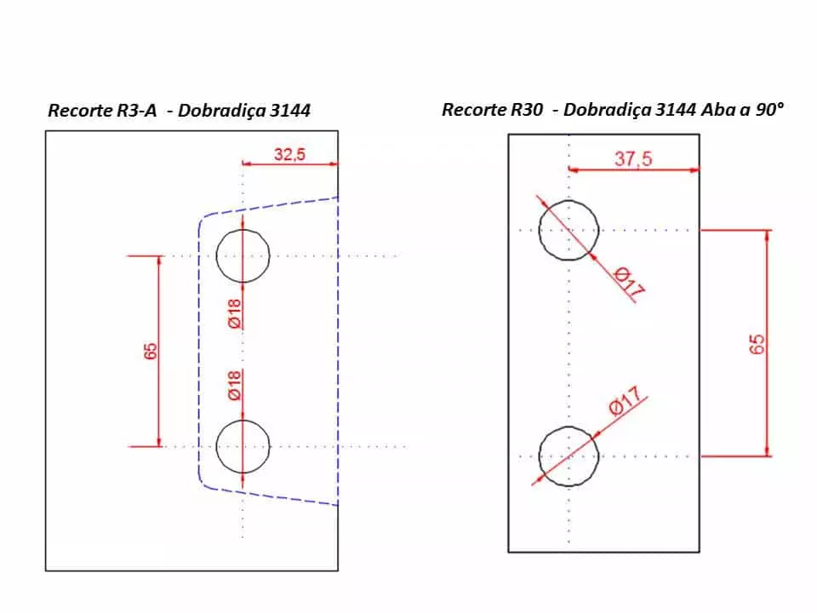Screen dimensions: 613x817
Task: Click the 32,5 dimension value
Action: click(289, 154)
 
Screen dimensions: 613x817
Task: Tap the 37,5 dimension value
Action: click(633, 159)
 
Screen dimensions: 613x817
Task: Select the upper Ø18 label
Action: click(235, 314)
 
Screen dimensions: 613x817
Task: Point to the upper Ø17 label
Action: click(629, 284)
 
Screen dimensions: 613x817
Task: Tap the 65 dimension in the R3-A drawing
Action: click(151, 351)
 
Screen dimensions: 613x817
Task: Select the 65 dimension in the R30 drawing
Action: click(757, 343)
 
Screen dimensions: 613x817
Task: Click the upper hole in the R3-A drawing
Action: click(243, 255)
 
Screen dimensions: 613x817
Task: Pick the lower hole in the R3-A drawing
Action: click(243, 446)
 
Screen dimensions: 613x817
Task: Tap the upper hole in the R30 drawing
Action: click(569, 230)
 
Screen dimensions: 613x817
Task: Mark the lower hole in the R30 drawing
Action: click(569, 456)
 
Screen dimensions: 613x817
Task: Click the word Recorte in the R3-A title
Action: click(78, 111)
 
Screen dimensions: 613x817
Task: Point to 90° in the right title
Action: click(768, 110)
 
